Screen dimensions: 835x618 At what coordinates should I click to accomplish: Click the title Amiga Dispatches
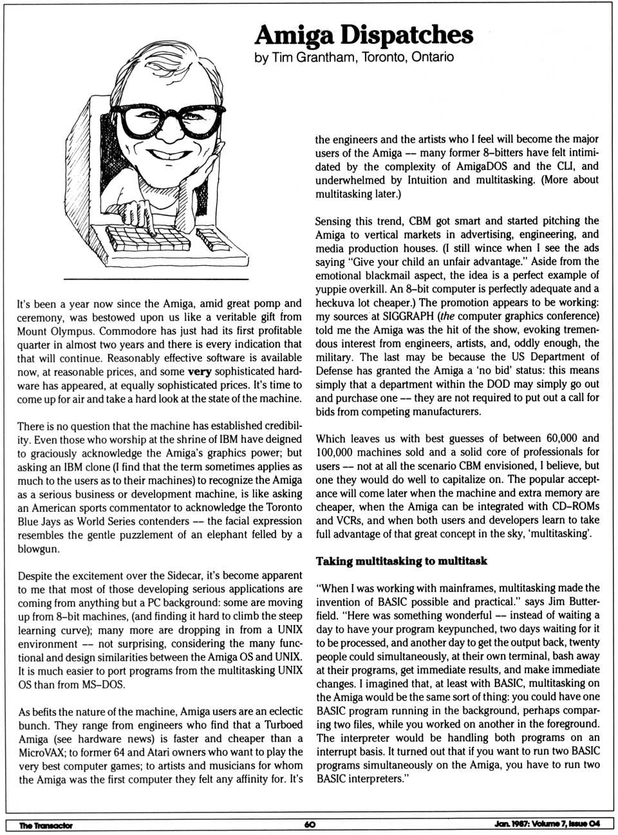(x=364, y=33)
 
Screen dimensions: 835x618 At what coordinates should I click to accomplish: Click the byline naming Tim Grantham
(x=354, y=57)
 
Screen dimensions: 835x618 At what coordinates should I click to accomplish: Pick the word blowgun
(x=38, y=549)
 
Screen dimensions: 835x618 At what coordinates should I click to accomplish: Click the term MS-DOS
(x=104, y=684)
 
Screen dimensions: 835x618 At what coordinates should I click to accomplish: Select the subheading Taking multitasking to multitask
(x=401, y=561)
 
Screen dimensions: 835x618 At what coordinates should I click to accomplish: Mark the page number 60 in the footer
(x=310, y=825)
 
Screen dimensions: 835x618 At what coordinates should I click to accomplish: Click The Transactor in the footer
(x=46, y=825)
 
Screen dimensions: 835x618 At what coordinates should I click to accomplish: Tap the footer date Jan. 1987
(x=511, y=825)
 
